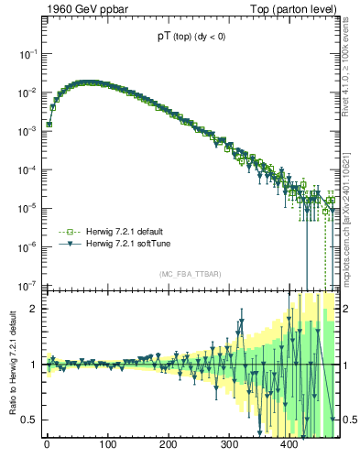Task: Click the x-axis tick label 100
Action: (x=107, y=447)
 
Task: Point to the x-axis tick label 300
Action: (x=229, y=447)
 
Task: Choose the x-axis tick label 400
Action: (x=289, y=447)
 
